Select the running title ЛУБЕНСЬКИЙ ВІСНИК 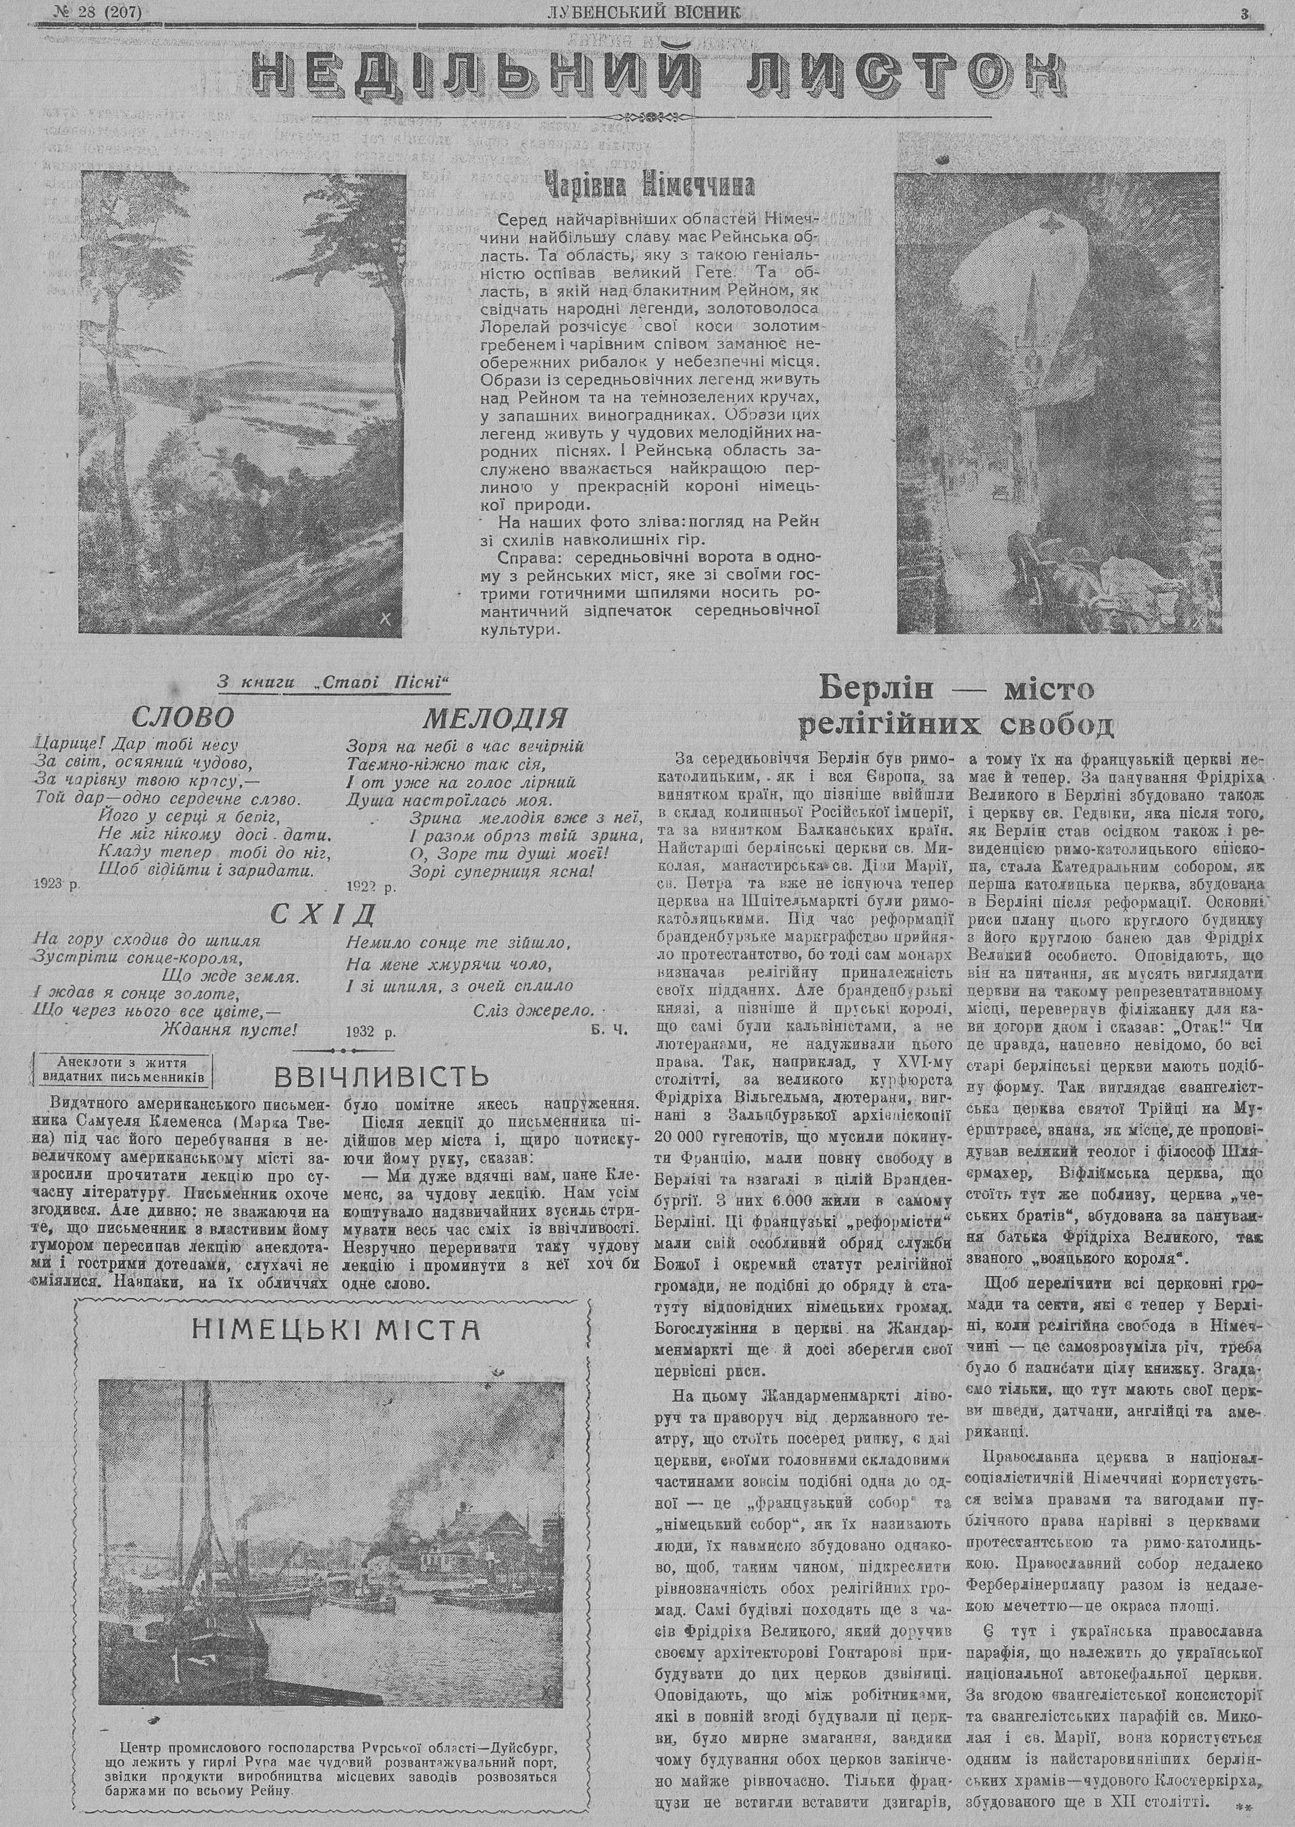tap(644, 12)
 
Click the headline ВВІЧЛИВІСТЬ tap(381, 1076)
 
